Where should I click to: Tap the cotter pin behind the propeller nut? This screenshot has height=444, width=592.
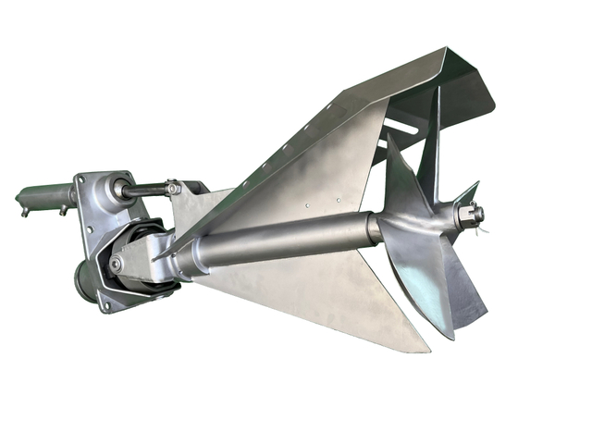coord(477,216)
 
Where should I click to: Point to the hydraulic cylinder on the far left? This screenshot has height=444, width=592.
coord(46,196)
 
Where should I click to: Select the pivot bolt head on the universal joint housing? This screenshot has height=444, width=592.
coord(116,264)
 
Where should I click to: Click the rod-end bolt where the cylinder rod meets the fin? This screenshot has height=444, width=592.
coord(173,189)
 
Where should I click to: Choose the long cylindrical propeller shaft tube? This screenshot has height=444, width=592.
coord(277,242)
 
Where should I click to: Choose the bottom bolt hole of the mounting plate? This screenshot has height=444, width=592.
coord(108,304)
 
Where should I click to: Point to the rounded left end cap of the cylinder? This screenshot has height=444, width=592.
coord(21,198)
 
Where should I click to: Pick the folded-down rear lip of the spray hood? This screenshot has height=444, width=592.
coord(472,83)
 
